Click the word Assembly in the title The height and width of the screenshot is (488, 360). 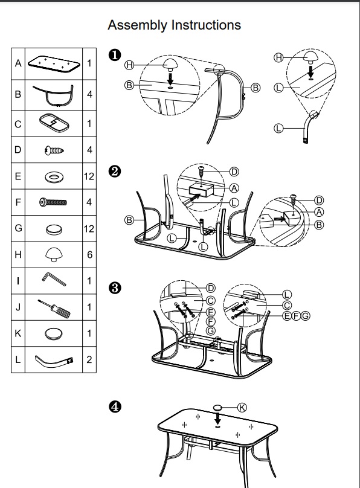138,25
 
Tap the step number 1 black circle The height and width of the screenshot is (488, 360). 115,55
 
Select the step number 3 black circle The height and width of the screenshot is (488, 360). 115,288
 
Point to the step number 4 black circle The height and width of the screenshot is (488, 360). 115,406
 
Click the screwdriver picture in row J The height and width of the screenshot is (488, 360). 54,309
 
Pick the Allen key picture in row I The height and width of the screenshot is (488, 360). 54,279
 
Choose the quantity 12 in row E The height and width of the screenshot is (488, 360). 89,176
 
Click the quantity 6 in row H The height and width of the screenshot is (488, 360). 89,255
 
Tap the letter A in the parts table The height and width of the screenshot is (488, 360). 18,63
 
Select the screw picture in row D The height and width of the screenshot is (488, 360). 54,150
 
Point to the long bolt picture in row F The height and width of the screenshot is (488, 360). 53,202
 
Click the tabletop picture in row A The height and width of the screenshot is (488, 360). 54,64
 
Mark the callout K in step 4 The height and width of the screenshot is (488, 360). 242,407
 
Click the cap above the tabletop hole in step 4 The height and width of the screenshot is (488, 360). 217,407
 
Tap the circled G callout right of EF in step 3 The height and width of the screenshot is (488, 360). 306,316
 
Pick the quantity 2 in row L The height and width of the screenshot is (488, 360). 89,360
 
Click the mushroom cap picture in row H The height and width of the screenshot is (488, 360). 54,255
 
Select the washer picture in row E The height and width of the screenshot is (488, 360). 54,177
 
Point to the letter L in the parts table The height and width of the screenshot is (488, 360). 18,360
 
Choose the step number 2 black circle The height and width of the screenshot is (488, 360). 115,172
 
